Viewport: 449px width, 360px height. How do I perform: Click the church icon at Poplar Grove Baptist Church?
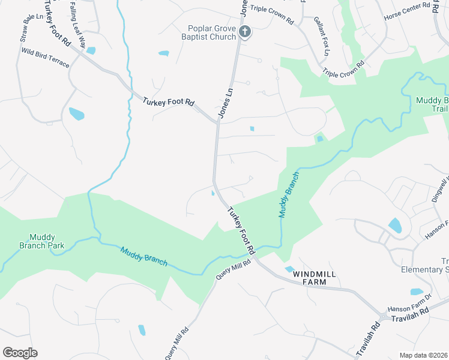coord(244,32)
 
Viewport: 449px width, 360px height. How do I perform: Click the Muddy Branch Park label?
coord(42,241)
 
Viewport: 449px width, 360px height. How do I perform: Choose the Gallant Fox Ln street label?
coord(322,28)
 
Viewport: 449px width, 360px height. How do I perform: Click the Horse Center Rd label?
coord(408,9)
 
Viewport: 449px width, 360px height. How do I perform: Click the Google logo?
coord(20,353)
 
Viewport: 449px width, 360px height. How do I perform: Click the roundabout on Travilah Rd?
coord(383,316)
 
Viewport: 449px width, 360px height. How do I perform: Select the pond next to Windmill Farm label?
coord(289,269)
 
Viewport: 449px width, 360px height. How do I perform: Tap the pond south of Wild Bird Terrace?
coord(76,113)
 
